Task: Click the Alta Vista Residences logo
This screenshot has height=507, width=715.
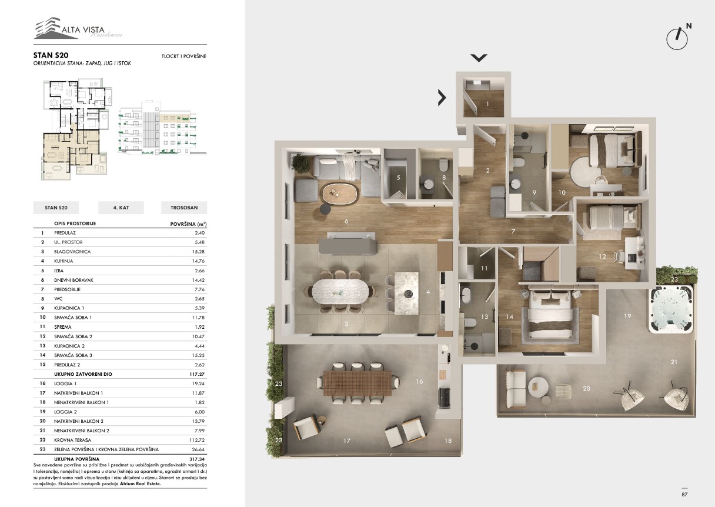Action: pyautogui.click(x=78, y=28)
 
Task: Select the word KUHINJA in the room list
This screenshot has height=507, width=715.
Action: pyautogui.click(x=64, y=261)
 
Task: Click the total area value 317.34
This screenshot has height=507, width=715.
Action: pyautogui.click(x=197, y=459)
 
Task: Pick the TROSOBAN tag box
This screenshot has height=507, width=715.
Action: pyautogui.click(x=184, y=208)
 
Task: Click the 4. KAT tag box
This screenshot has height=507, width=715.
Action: pyautogui.click(x=121, y=208)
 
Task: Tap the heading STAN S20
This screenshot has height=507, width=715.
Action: pyautogui.click(x=51, y=55)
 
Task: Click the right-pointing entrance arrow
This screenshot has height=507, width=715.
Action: pyautogui.click(x=442, y=98)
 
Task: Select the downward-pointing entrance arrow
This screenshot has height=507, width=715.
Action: pyautogui.click(x=479, y=58)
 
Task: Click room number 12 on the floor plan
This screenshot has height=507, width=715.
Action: pyautogui.click(x=602, y=256)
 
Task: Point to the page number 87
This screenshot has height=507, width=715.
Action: pyautogui.click(x=684, y=494)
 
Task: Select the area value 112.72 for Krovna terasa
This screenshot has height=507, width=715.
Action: pyautogui.click(x=197, y=440)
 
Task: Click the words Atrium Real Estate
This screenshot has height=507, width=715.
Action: pyautogui.click(x=140, y=483)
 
